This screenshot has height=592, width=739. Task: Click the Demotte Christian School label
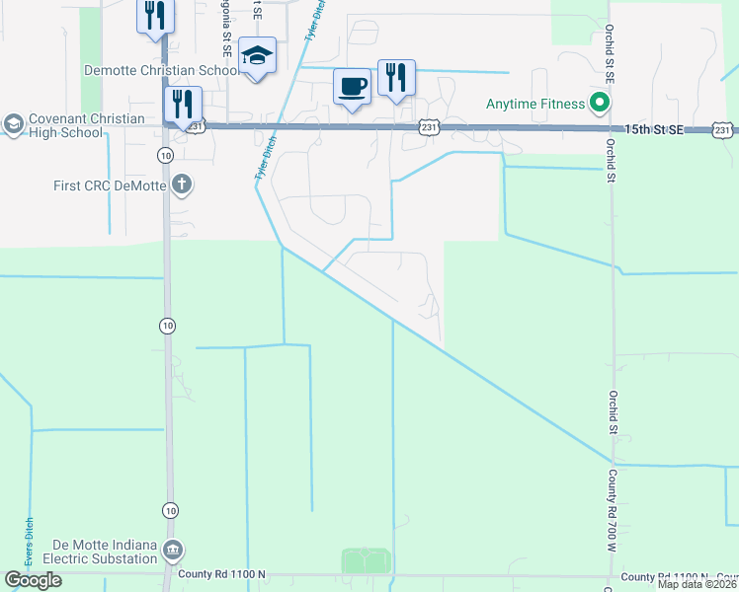coord(161,70)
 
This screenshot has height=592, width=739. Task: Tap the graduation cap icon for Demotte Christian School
coord(257,55)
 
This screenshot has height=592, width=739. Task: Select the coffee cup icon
coord(353,86)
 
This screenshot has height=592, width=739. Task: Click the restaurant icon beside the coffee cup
coord(396,77)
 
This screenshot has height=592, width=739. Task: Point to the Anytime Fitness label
coord(536,102)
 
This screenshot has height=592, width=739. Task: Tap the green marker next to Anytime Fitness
coord(599,102)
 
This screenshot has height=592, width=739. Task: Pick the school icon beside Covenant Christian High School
coord(13,123)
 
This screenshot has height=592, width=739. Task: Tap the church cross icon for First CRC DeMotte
coord(181,184)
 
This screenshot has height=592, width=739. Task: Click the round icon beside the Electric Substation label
coord(174,550)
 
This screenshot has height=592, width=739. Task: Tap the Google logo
coord(33,580)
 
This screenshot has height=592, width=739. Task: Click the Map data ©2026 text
coord(697,584)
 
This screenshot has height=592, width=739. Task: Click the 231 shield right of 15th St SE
coord(724,129)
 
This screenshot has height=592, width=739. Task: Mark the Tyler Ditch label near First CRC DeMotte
coord(263,159)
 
